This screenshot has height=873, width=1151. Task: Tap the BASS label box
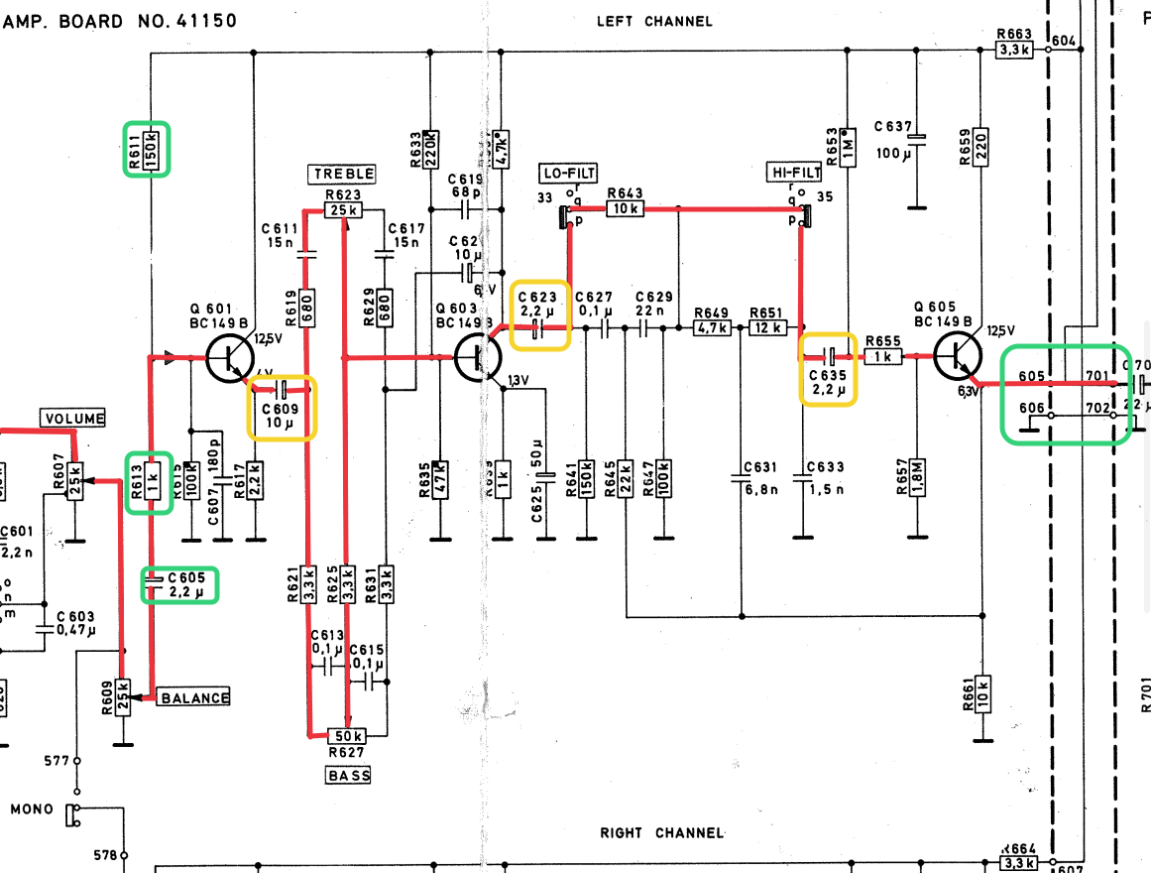tap(348, 775)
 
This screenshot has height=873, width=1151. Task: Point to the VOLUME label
tap(72, 419)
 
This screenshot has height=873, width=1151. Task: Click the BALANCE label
tap(194, 697)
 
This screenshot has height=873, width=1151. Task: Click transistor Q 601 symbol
tap(230, 357)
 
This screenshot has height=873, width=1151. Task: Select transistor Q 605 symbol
tap(957, 357)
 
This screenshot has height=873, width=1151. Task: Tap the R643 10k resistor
tap(626, 209)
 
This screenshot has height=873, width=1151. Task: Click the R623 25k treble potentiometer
tap(343, 209)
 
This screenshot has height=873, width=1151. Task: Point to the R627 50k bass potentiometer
tap(347, 735)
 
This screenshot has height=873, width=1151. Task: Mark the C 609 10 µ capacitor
tap(282, 390)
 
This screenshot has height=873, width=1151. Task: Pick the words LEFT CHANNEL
tap(654, 21)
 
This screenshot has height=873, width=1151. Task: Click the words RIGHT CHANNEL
tap(661, 833)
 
